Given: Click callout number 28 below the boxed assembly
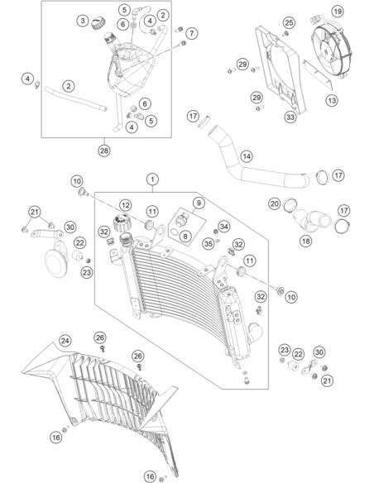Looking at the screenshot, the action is [104, 151].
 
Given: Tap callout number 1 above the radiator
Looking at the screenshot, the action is [152, 179].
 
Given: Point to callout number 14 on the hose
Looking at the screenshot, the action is [247, 156].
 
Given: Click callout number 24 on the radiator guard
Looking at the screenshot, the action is [65, 341].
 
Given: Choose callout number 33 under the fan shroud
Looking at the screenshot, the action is [290, 117].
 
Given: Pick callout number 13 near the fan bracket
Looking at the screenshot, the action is [332, 100].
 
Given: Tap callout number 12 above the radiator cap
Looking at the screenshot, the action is [125, 205].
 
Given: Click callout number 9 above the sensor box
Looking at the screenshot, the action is [199, 203].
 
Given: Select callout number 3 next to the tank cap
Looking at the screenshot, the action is [83, 21].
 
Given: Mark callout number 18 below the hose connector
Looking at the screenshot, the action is [306, 241].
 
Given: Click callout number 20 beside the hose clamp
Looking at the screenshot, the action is [275, 203].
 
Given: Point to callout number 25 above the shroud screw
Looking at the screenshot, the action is [289, 22].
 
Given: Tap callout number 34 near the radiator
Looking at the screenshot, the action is [224, 227].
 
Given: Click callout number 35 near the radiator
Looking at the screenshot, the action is [209, 244].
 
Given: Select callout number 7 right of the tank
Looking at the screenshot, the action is [192, 33].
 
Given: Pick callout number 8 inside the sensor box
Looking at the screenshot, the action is [185, 237].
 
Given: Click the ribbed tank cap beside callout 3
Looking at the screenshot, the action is [99, 23].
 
